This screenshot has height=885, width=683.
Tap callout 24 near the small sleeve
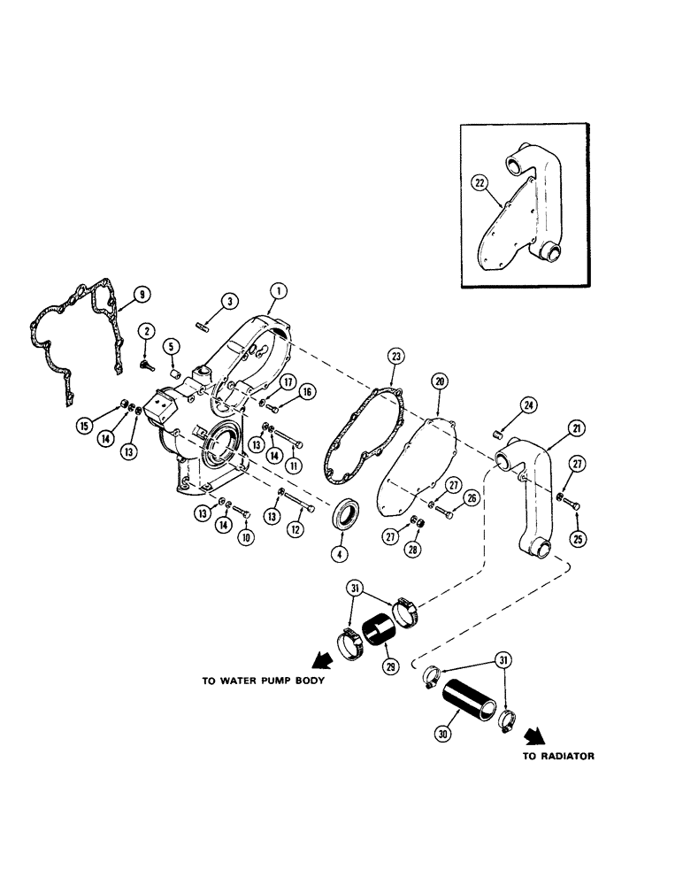(528, 406)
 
